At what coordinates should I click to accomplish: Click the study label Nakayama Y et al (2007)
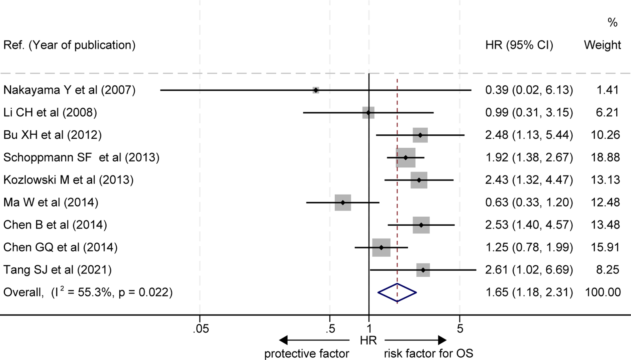coord(69,90)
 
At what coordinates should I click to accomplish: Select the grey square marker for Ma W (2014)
coord(343,202)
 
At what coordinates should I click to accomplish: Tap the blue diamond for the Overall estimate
coord(397,292)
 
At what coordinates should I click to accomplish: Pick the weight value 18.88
coord(605,158)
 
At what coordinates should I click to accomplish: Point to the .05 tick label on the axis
coord(201,329)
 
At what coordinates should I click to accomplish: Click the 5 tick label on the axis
coord(460,329)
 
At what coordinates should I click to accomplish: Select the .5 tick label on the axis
coord(331,329)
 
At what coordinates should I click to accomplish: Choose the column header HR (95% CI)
coord(519,45)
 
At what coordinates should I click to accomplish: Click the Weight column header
coord(602,45)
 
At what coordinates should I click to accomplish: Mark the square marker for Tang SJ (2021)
coord(423,270)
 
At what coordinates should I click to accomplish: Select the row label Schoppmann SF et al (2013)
coord(81,158)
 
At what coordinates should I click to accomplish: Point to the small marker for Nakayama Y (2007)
coord(316,90)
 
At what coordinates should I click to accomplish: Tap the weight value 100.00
coord(603,292)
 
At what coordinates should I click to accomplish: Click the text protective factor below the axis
coord(307,353)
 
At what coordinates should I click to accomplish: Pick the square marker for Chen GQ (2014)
coord(381,247)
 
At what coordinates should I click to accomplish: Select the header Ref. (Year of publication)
coord(69,45)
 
